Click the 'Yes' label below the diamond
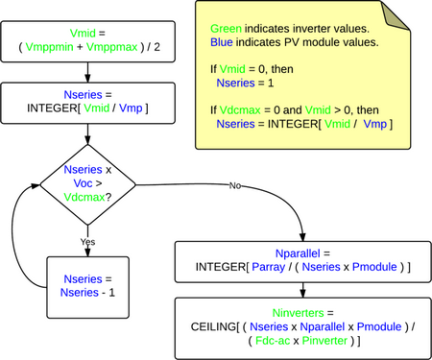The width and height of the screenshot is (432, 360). (87, 243)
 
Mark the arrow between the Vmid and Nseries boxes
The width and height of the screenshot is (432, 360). (88, 73)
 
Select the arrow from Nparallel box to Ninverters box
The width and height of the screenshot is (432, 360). (302, 287)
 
